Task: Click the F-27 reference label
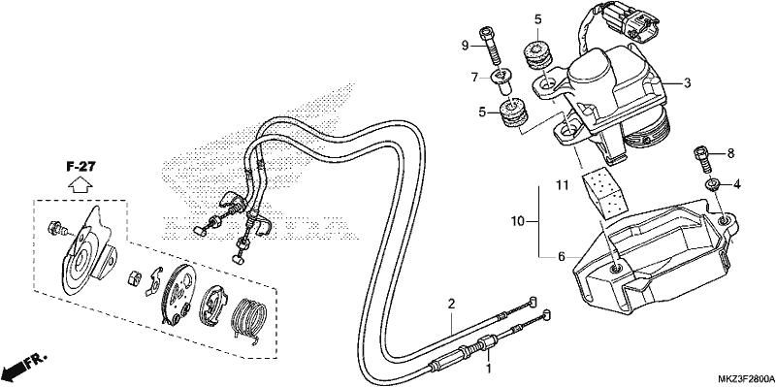(x=81, y=167)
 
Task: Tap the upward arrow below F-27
(x=81, y=185)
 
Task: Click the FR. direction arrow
(x=24, y=366)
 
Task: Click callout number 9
(x=465, y=46)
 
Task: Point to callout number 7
(x=474, y=78)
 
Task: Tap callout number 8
(x=730, y=154)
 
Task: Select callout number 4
(x=737, y=185)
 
